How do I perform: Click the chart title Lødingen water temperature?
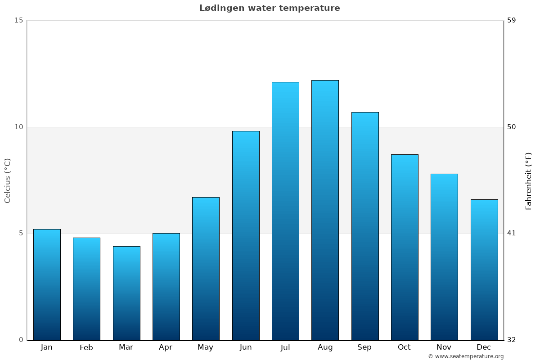(270, 8)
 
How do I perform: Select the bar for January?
(47, 284)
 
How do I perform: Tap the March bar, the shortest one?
(126, 293)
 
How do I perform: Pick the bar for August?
(325, 210)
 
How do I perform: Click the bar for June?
(246, 235)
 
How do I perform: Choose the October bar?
(405, 247)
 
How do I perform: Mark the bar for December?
(484, 270)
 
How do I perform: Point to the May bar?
(206, 268)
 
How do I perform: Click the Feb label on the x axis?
(86, 347)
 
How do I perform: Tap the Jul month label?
(285, 347)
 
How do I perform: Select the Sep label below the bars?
(364, 347)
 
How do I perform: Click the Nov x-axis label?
(444, 347)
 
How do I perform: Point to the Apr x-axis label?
(166, 347)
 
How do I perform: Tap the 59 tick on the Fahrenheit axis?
(511, 20)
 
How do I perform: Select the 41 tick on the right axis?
(511, 233)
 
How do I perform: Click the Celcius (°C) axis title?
(7, 180)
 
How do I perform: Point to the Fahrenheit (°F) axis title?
(529, 180)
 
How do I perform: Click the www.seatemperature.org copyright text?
(466, 356)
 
